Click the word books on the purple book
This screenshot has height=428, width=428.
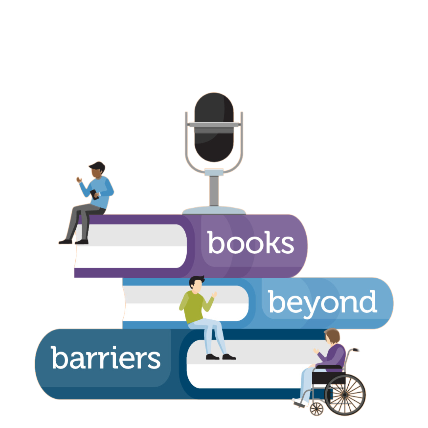pyautogui.click(x=250, y=243)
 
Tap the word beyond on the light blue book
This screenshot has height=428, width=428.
pyautogui.click(x=323, y=302)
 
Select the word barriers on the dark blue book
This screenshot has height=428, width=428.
pyautogui.click(x=105, y=357)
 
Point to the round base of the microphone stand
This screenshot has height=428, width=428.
pyautogui.click(x=214, y=210)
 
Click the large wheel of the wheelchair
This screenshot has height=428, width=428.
pyautogui.click(x=345, y=395)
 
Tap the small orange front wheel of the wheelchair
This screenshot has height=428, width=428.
pyautogui.click(x=316, y=408)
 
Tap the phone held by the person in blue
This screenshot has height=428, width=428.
pyautogui.click(x=94, y=194)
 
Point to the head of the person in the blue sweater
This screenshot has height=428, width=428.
pyautogui.click(x=97, y=170)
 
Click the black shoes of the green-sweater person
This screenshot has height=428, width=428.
pyautogui.click(x=220, y=357)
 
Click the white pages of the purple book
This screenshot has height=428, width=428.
pyautogui.click(x=131, y=246)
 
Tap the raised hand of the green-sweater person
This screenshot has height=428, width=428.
pyautogui.click(x=214, y=294)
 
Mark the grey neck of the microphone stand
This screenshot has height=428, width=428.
pyautogui.click(x=214, y=190)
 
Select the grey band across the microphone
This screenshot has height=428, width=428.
pyautogui.click(x=214, y=125)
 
